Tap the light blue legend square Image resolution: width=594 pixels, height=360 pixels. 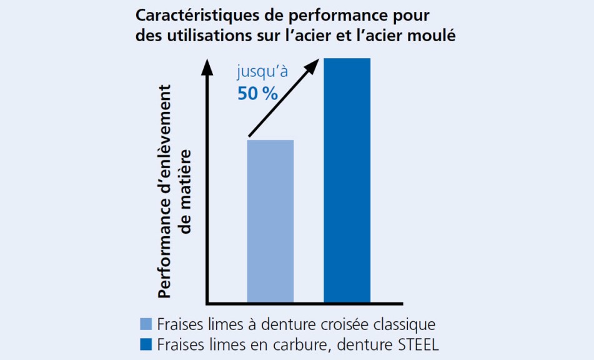tap(146, 324)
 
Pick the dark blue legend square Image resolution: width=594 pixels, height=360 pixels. tap(146, 344)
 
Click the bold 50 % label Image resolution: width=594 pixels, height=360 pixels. tap(257, 94)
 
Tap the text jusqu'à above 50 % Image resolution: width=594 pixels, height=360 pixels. tap(262, 72)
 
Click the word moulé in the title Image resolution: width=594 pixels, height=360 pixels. tap(433, 36)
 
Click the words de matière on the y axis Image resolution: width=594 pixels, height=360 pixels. tap(186, 194)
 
